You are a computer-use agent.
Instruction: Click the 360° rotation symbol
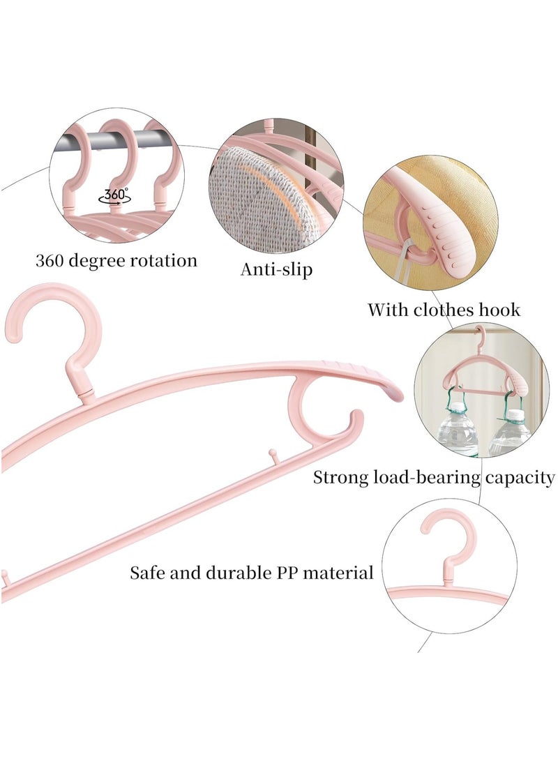114,195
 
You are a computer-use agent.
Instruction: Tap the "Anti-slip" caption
277,269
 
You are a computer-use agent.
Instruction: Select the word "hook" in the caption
500,310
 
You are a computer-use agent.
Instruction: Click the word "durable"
240,573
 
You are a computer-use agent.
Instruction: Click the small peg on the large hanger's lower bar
273,456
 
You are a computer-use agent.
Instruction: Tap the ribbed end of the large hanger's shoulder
369,379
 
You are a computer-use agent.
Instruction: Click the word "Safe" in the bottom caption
148,573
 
